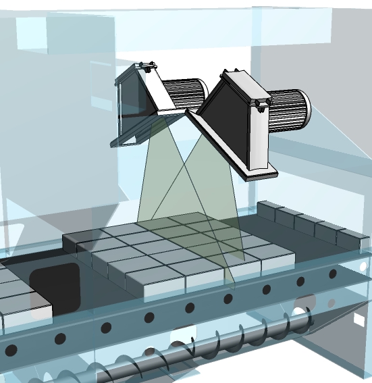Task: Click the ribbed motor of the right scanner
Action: [289, 111]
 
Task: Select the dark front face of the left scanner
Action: [132, 111]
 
